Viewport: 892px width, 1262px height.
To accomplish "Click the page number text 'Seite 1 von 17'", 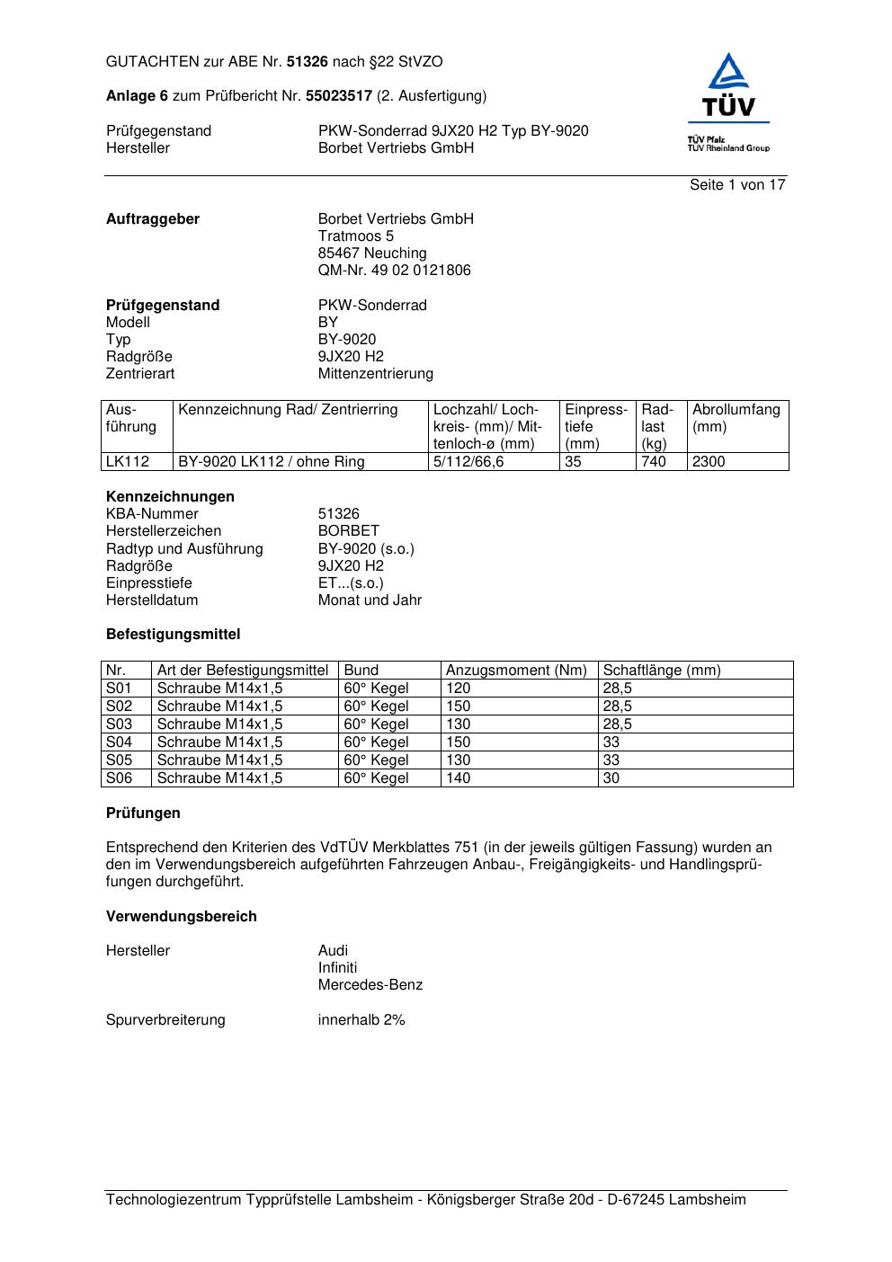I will [737, 185].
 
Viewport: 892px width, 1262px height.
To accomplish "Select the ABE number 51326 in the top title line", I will [308, 62].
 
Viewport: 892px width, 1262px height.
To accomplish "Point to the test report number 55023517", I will [339, 96].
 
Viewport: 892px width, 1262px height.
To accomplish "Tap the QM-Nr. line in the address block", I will [394, 271].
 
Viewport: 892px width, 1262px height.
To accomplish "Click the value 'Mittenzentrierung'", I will [375, 374].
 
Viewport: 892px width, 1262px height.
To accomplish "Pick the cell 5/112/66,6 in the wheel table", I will [468, 462].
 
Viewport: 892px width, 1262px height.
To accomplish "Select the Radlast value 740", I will [654, 462].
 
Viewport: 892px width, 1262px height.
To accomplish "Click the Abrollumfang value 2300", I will [709, 462].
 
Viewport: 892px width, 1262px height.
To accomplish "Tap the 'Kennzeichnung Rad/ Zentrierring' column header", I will [288, 411].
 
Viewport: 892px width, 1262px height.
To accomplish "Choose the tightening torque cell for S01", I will [459, 689].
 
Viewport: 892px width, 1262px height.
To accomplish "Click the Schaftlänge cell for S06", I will [611, 778].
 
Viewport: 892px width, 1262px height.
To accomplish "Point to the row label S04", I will [119, 742].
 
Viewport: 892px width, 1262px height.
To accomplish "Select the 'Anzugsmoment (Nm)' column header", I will [516, 671].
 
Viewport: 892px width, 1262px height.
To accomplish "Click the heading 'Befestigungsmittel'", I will [173, 635].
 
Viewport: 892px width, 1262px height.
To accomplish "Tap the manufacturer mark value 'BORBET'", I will [348, 531].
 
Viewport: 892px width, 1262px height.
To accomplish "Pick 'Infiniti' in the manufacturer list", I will [337, 968].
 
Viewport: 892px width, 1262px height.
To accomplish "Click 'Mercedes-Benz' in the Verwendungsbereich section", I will [370, 985].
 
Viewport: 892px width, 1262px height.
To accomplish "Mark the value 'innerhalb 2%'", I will [361, 1020].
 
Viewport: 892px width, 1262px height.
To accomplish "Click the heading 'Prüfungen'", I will [143, 813].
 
